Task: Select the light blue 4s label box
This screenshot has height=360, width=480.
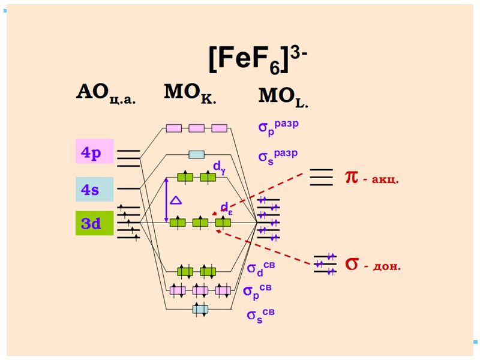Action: pyautogui.click(x=94, y=189)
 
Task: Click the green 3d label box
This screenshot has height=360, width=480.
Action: pyautogui.click(x=94, y=223)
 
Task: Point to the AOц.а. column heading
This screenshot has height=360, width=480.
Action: pyautogui.click(x=106, y=94)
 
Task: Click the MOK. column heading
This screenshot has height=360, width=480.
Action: pyautogui.click(x=190, y=94)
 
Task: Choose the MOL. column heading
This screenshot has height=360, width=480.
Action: pyautogui.click(x=283, y=97)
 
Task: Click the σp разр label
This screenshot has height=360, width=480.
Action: pyautogui.click(x=278, y=127)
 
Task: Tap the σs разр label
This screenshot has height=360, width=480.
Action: pyautogui.click(x=278, y=155)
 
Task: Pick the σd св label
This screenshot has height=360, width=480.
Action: pyautogui.click(x=261, y=268)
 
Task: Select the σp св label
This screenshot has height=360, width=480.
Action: pyautogui.click(x=257, y=290)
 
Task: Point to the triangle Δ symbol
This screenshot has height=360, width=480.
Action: pyautogui.click(x=176, y=200)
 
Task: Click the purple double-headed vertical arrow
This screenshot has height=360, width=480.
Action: pyautogui.click(x=166, y=200)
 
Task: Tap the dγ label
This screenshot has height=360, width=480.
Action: pyautogui.click(x=219, y=166)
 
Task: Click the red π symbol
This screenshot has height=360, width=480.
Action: pyautogui.click(x=351, y=176)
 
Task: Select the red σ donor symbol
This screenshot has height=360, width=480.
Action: pyautogui.click(x=352, y=263)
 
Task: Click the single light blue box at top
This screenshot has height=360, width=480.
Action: pyautogui.click(x=196, y=154)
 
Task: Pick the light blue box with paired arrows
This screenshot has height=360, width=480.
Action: pyautogui.click(x=200, y=310)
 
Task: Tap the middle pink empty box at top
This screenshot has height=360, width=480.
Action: pyautogui.click(x=196, y=128)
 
